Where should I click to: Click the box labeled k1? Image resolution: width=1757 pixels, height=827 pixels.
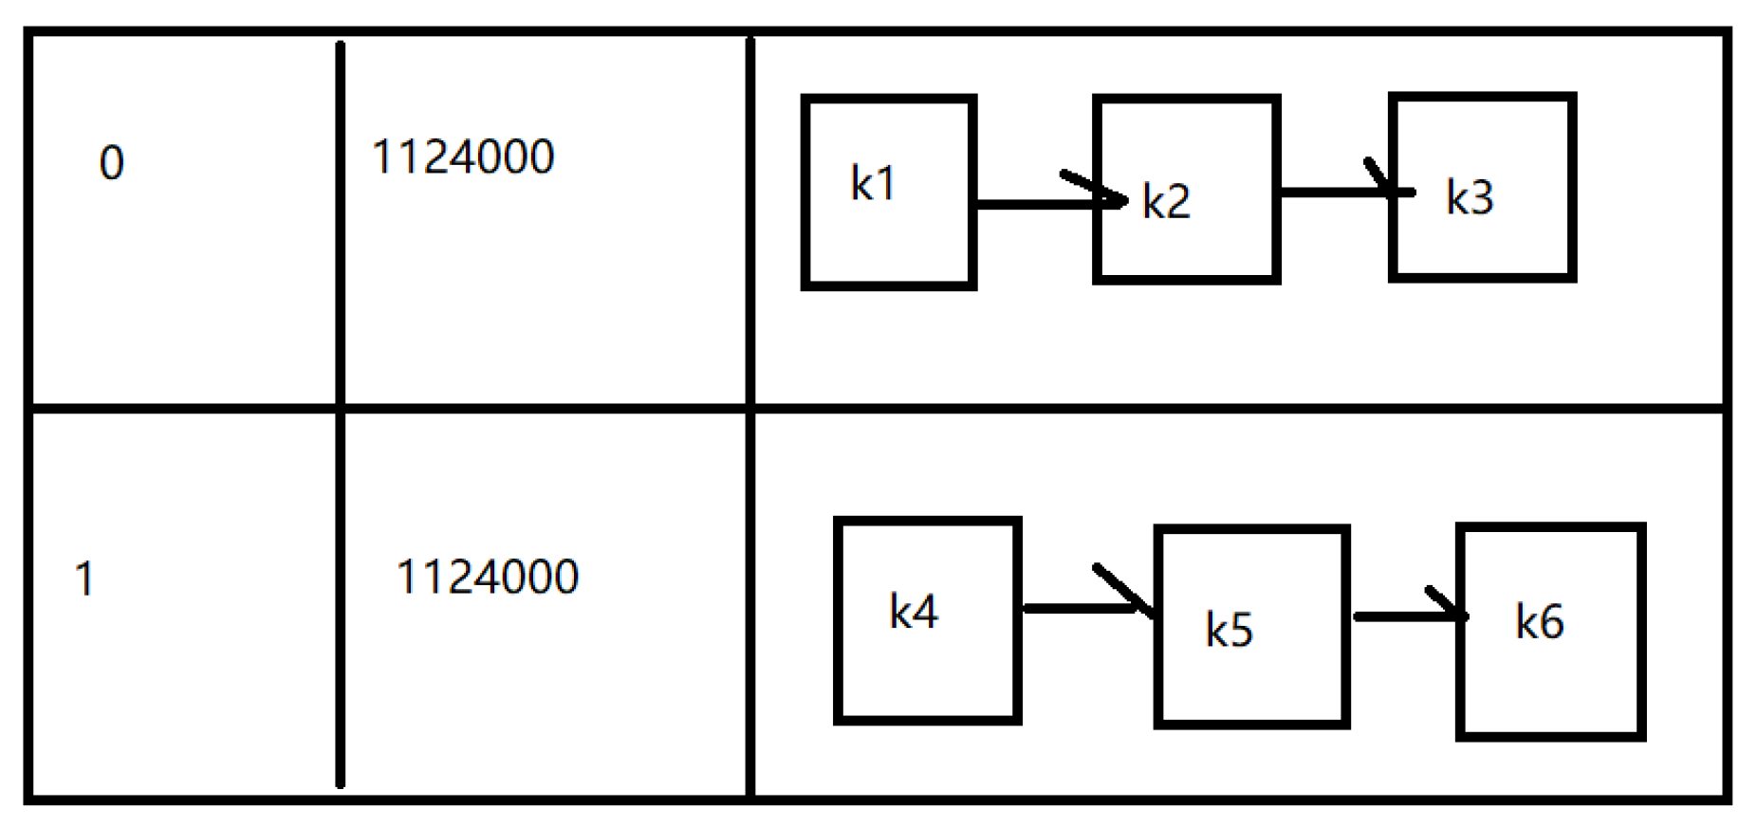pyautogui.click(x=889, y=193)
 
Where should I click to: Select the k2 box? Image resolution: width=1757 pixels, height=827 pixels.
pyautogui.click(x=1186, y=190)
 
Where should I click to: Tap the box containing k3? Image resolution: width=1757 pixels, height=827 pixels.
pyautogui.click(x=1482, y=188)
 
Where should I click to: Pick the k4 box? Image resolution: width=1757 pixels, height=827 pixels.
pyautogui.click(x=927, y=621)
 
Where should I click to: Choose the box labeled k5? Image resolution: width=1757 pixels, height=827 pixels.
pyautogui.click(x=1251, y=627)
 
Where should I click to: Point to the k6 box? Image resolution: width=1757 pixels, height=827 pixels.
pyautogui.click(x=1550, y=631)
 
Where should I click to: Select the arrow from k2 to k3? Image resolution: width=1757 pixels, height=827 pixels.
pyautogui.click(x=1338, y=193)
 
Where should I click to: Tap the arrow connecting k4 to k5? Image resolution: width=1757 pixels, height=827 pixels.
pyautogui.click(x=1082, y=608)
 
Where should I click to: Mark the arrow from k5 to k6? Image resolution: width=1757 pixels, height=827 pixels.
pyautogui.click(x=1404, y=616)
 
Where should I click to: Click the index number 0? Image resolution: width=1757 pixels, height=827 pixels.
pyautogui.click(x=111, y=163)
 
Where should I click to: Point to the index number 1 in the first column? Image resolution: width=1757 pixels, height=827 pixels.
pyautogui.click(x=84, y=579)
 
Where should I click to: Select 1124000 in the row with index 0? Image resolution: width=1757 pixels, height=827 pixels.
pyautogui.click(x=463, y=157)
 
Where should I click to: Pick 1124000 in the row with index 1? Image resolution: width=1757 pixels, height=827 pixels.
pyautogui.click(x=487, y=578)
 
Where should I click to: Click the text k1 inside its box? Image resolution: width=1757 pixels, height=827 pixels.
pyautogui.click(x=873, y=183)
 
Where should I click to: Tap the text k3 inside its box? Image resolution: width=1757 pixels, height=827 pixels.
pyautogui.click(x=1470, y=197)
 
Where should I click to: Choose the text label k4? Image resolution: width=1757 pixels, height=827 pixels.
pyautogui.click(x=913, y=612)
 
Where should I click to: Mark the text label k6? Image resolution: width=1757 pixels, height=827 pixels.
pyautogui.click(x=1539, y=622)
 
